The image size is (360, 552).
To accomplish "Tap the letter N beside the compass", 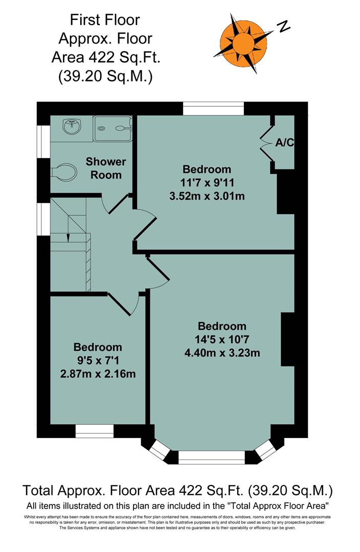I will [x=284, y=26].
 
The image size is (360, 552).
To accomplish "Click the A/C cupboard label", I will [x=284, y=143].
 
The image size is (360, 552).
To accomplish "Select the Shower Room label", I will [x=106, y=168].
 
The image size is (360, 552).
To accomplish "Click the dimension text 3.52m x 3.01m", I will [x=207, y=195].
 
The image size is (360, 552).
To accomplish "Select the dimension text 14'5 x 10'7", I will [x=222, y=339].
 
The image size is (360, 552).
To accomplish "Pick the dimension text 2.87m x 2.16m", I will [x=98, y=374].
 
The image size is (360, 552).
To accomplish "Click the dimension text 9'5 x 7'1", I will [x=98, y=360].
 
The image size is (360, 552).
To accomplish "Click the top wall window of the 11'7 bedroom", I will [x=213, y=108].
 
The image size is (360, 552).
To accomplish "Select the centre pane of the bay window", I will [x=212, y=457].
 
